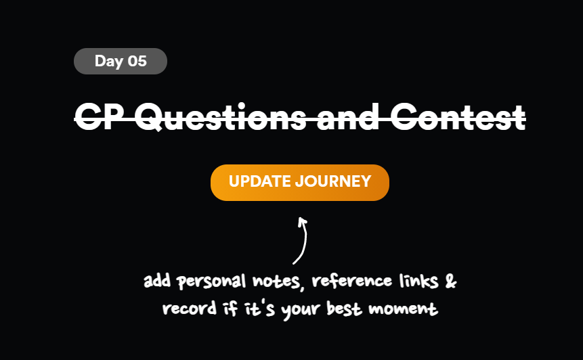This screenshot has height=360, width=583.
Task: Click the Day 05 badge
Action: click(x=121, y=62)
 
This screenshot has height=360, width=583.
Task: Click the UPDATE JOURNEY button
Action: click(x=300, y=182)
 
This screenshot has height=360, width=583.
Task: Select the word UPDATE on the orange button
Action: click(x=260, y=182)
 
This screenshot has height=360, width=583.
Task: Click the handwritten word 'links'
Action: click(x=413, y=281)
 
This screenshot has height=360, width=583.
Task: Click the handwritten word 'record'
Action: click(x=185, y=310)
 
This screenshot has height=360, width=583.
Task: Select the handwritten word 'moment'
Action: click(x=412, y=310)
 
